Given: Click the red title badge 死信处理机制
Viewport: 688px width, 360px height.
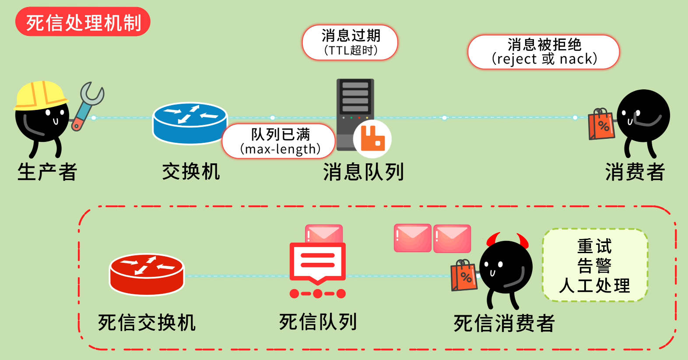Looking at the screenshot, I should pos(83,22).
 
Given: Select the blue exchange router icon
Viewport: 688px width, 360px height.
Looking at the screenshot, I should pos(190,123).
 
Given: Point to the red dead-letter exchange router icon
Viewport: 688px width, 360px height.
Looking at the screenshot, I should pos(147,274).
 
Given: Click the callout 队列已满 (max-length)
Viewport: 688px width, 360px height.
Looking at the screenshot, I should pos(279,141).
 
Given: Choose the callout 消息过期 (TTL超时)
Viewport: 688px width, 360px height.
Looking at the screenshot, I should pos(350,42).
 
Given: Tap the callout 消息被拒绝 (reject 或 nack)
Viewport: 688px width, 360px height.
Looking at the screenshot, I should pos(544,52).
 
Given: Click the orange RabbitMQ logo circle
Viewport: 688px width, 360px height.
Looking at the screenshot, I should pos(372,139).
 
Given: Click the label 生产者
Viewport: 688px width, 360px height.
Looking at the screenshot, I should pos(47,172).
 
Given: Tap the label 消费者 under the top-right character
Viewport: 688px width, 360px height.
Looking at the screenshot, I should pos(635,172).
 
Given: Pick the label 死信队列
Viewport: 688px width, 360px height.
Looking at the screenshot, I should pos(318,322).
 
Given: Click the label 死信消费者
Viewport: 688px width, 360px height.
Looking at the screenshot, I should pos(504,324).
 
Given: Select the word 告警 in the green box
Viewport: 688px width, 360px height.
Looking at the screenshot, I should pos(594,265).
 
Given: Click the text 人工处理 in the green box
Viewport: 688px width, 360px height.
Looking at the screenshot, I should pos(594,286).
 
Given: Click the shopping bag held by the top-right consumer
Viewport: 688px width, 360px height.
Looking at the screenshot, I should pos(601,124).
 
